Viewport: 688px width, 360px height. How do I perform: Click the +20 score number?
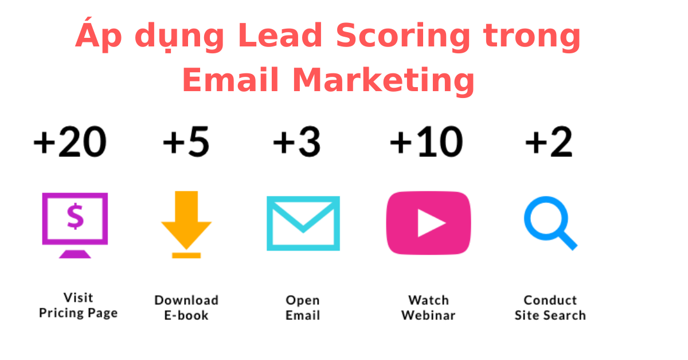70,142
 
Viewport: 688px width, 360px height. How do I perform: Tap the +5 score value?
186,142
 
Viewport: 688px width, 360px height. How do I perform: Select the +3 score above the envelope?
296,142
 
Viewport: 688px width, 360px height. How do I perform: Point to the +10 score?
426,142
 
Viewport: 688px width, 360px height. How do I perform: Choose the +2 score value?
549,142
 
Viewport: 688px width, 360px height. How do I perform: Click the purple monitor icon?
75,224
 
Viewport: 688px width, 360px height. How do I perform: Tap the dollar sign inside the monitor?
75,216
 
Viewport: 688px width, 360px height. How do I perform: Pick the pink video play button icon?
428,223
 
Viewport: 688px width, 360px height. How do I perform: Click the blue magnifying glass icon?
549,222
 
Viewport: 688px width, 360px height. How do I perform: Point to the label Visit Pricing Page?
78,306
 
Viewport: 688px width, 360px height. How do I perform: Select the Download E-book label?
186,308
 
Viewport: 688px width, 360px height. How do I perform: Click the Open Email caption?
303,308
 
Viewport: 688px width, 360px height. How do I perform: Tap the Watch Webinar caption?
428,308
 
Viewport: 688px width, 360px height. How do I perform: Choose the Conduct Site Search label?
550,308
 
